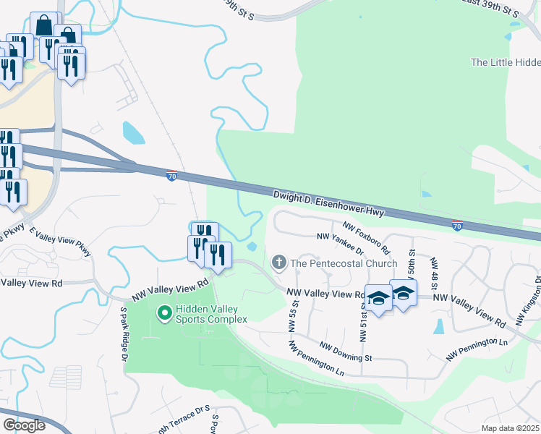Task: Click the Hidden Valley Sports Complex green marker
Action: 164,312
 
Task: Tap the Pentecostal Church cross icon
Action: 279,263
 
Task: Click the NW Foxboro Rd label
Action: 367,238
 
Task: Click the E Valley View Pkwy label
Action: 61,241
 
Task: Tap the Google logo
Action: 24,425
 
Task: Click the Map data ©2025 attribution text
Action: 510,428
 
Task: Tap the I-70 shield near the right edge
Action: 457,225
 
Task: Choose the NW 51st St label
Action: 363,321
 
